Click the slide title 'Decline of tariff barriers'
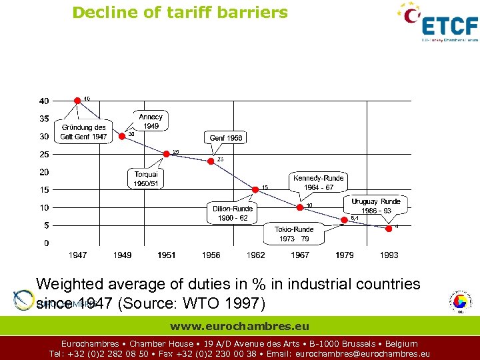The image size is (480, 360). point(180,12)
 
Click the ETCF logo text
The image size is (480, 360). point(450,26)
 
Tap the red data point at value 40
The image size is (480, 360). point(78,100)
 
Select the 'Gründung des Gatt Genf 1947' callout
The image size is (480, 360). point(83,132)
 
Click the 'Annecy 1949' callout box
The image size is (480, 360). point(151,121)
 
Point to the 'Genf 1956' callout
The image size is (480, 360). point(226,138)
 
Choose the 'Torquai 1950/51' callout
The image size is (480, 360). point(145,179)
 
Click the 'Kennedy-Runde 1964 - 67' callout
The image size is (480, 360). point(318,182)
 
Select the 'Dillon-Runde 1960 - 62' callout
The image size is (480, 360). point(233,213)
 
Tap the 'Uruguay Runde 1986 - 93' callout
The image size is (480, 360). point(376,205)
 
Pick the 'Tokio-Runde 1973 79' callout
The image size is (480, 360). point(294,233)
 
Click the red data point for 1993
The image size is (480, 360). point(389,228)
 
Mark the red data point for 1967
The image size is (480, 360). point(300,207)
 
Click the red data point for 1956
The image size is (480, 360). point(211,161)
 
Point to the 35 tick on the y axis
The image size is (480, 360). point(43,119)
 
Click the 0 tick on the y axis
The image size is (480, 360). point(45,243)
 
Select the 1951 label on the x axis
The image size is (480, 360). point(167,255)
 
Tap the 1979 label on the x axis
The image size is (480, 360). point(345,255)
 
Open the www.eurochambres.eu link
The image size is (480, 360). point(239,327)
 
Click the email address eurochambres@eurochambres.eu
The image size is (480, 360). point(362,354)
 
